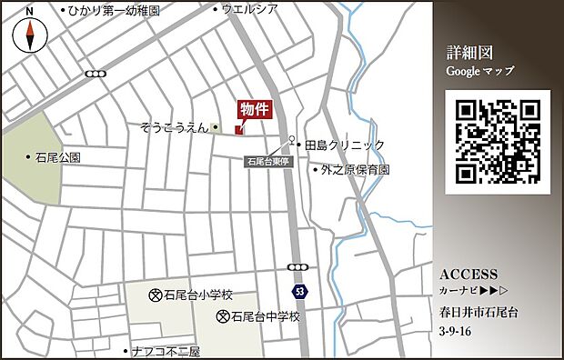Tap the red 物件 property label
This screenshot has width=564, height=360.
pyautogui.click(x=255, y=109)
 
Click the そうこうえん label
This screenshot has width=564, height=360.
pyautogui.click(x=175, y=128)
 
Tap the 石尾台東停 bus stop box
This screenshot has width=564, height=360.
pyautogui.click(x=267, y=161)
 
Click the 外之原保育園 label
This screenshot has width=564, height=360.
pyautogui.click(x=354, y=170)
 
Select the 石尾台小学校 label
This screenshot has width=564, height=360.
pyautogui.click(x=197, y=295)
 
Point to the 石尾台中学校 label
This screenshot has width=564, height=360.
pyautogui.click(x=265, y=317)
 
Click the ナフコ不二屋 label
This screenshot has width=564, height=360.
pyautogui.click(x=165, y=351)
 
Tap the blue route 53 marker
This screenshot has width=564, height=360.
pyautogui.click(x=299, y=291)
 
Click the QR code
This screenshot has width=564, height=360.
pyautogui.click(x=499, y=141)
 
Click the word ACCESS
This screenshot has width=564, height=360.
pyautogui.click(x=468, y=275)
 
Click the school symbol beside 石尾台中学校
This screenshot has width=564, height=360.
pyautogui.click(x=223, y=317)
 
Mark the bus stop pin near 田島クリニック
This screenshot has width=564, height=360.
pyautogui.click(x=293, y=142)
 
